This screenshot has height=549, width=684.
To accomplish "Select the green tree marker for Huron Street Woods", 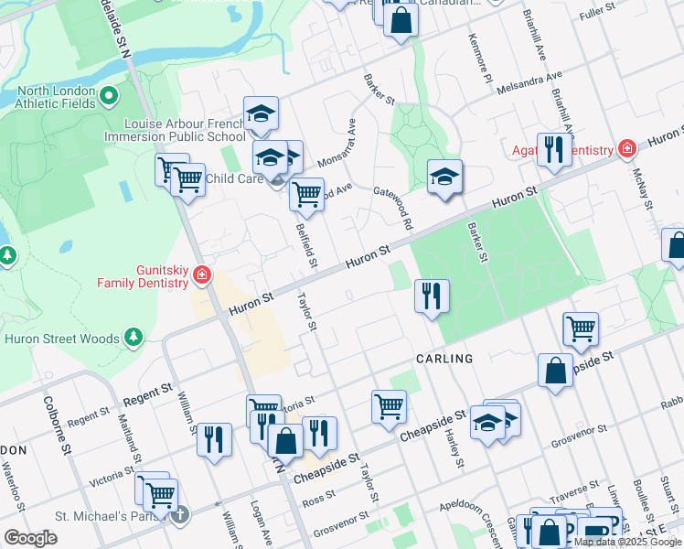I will point(134,338).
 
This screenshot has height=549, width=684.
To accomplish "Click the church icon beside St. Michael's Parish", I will point(181,514).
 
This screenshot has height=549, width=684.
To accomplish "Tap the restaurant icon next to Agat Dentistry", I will point(554,150).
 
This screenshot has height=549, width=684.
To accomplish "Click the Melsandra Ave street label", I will point(529,83).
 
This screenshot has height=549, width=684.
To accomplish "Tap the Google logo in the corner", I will point(30,537).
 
